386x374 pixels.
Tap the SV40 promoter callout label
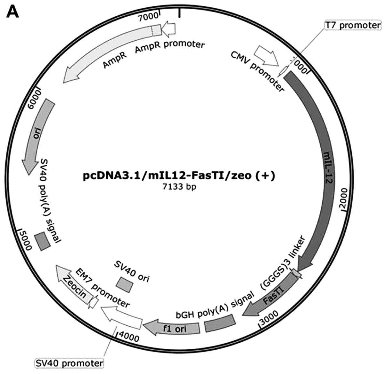tap(69, 363)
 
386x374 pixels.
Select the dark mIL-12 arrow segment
tap(324, 167)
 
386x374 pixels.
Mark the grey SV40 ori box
tap(125, 284)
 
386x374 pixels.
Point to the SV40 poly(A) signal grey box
tap(43, 240)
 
